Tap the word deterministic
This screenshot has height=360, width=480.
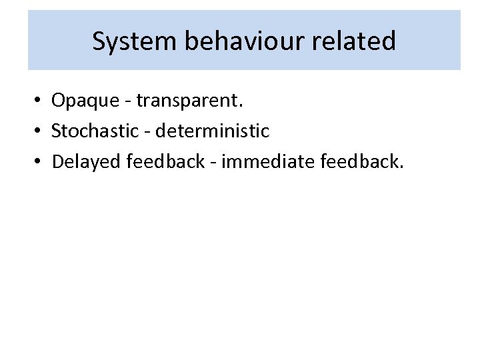212,131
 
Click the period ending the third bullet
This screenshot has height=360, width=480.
401,167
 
